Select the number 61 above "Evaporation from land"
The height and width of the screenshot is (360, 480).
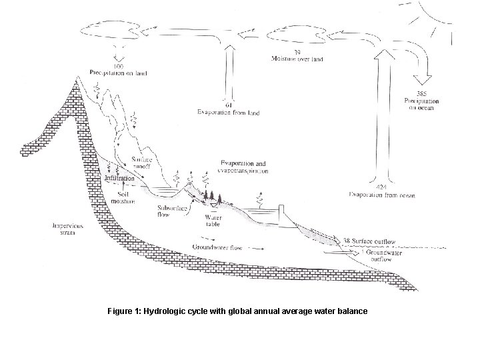click(228, 105)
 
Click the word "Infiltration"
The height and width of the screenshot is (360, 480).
click(120, 179)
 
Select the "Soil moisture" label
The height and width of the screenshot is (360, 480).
click(123, 197)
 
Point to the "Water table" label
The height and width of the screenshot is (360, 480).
click(213, 221)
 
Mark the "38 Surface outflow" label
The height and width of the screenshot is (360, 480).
click(369, 241)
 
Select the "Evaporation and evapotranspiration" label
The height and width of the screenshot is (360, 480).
click(243, 167)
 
